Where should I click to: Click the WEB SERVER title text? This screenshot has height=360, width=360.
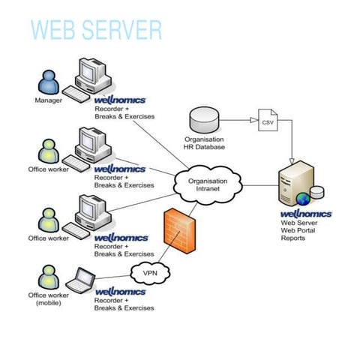96,30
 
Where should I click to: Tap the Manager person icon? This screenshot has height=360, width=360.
48,81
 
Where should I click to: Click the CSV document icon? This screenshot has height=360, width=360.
268,121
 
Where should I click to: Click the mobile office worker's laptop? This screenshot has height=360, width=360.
79,282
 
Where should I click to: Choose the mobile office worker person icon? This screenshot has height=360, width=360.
48,277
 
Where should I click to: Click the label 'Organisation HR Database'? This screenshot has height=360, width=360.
203,142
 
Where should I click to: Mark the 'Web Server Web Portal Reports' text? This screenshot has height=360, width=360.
298,229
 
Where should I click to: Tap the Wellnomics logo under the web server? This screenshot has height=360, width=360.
306,214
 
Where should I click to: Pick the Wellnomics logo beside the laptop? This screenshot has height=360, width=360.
120,291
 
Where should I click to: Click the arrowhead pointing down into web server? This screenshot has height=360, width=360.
292,162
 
